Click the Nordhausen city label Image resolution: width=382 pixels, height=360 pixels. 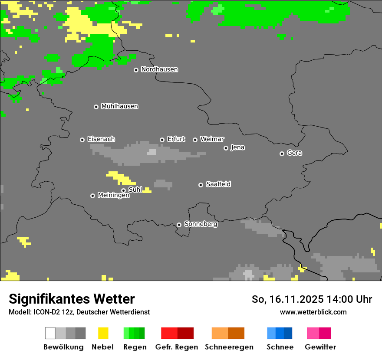pos(159,69)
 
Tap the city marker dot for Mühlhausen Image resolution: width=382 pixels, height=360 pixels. pos(96,107)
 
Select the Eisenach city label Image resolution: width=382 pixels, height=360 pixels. pos(101,139)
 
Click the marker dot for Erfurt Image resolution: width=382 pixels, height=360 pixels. pos(162,140)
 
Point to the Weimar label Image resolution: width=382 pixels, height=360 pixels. pos(212,139)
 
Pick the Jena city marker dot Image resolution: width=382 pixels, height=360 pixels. pos(226,148)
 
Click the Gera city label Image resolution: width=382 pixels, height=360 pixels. pos(294,153)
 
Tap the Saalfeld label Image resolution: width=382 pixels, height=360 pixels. pos(218,184)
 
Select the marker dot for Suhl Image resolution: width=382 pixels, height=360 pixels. pos(123,190)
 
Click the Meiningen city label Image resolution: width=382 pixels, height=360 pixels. pos(113,196)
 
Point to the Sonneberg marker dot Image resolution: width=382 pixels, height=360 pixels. pos(179,225)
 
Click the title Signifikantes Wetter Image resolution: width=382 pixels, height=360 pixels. pos(72,299)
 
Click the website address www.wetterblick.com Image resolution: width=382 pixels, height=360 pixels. pos(313,312)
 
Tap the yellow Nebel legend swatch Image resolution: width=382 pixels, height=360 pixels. pos(103,333)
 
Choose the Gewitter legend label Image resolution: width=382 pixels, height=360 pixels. pos(320,347)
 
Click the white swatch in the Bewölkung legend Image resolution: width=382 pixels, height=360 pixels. pos(50,333)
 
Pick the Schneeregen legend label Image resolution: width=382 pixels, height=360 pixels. pos(229,347)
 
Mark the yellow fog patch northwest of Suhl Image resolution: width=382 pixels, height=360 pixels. pos(120,177)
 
